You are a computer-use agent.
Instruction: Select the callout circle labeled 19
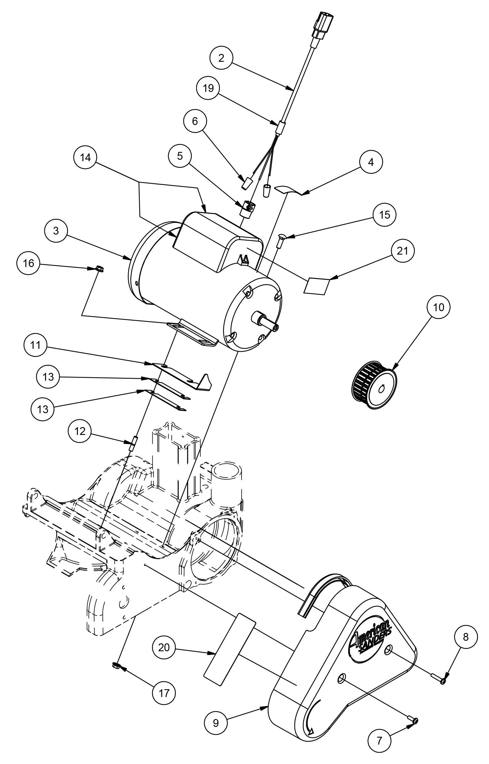208,88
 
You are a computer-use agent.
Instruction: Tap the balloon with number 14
85,157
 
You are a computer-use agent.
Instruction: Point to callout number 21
403,251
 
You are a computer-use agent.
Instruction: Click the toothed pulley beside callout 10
375,385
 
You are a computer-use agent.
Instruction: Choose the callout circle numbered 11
36,345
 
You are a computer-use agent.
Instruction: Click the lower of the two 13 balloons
43,409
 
